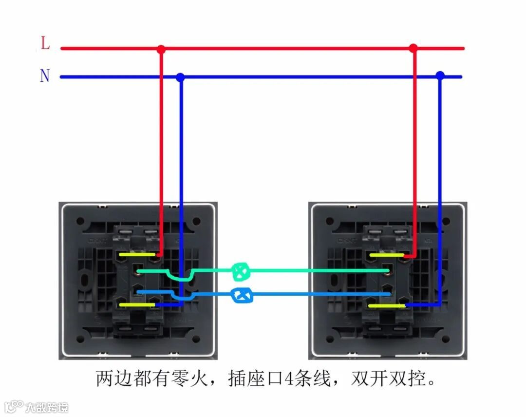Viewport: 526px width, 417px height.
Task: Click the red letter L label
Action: pos(45,44)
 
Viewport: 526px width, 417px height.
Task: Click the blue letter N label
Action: pos(45,76)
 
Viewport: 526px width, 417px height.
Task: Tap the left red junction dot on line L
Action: pos(161,49)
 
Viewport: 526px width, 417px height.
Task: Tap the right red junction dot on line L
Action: pos(413,48)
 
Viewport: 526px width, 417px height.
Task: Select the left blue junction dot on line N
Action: pos(180,77)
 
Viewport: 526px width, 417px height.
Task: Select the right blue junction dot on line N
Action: pos(440,76)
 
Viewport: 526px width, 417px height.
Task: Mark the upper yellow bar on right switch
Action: pos(387,255)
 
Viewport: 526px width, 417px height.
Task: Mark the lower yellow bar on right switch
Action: pos(387,305)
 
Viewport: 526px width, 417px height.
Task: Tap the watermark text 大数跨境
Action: pos(47,407)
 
